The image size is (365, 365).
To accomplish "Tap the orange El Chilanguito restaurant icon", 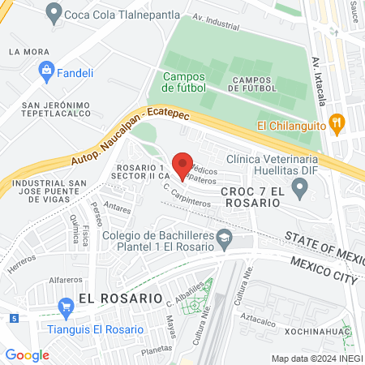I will [338, 124].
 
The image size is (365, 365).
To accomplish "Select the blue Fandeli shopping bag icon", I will [46, 71].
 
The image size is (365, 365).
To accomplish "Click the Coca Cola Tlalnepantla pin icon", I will [54, 12].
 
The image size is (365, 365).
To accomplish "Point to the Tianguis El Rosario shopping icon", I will [67, 306].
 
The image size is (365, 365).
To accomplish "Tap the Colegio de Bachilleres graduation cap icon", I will [226, 239].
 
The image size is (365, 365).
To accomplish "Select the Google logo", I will [28, 354].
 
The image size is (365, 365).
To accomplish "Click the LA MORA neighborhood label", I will [25, 51].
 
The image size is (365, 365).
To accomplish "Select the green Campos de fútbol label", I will [184, 82].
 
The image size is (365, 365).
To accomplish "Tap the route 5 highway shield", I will [15, 317].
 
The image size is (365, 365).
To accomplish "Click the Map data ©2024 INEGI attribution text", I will [317, 358].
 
